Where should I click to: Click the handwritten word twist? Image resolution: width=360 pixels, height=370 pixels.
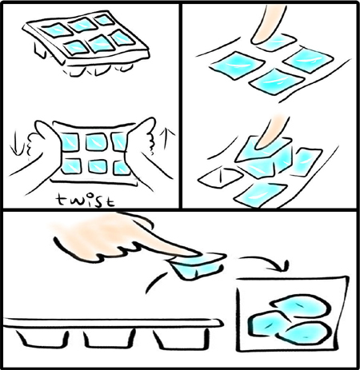pyautogui.click(x=86, y=201)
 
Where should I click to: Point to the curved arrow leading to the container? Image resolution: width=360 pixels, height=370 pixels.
pyautogui.click(x=264, y=262)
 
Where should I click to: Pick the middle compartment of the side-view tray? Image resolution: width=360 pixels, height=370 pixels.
pyautogui.click(x=109, y=339)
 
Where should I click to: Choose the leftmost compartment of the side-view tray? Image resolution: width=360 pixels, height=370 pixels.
pyautogui.click(x=42, y=338)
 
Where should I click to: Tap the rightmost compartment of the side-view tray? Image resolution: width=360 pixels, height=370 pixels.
pyautogui.click(x=181, y=339)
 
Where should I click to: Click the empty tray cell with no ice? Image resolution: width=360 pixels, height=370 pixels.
pyautogui.click(x=220, y=177)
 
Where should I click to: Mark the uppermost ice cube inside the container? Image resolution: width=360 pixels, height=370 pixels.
pyautogui.click(x=300, y=305)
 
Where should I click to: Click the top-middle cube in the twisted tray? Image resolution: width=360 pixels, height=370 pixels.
pyautogui.click(x=96, y=141)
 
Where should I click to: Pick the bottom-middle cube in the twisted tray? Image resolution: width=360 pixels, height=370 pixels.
pyautogui.click(x=98, y=166)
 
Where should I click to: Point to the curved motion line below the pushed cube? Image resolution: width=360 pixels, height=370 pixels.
pyautogui.click(x=155, y=282)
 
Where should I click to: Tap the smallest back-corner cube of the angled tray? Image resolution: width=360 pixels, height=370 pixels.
pyautogui.click(x=105, y=20)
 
